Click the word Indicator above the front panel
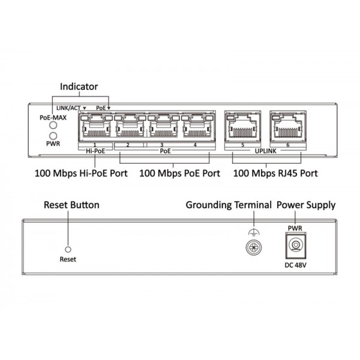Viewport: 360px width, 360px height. pos(78,86)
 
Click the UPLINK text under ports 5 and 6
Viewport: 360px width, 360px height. pos(265,152)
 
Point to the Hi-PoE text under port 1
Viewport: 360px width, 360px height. pos(95,152)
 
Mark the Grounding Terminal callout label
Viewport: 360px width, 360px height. pos(229,205)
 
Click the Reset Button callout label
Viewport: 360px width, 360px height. pos(71,205)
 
